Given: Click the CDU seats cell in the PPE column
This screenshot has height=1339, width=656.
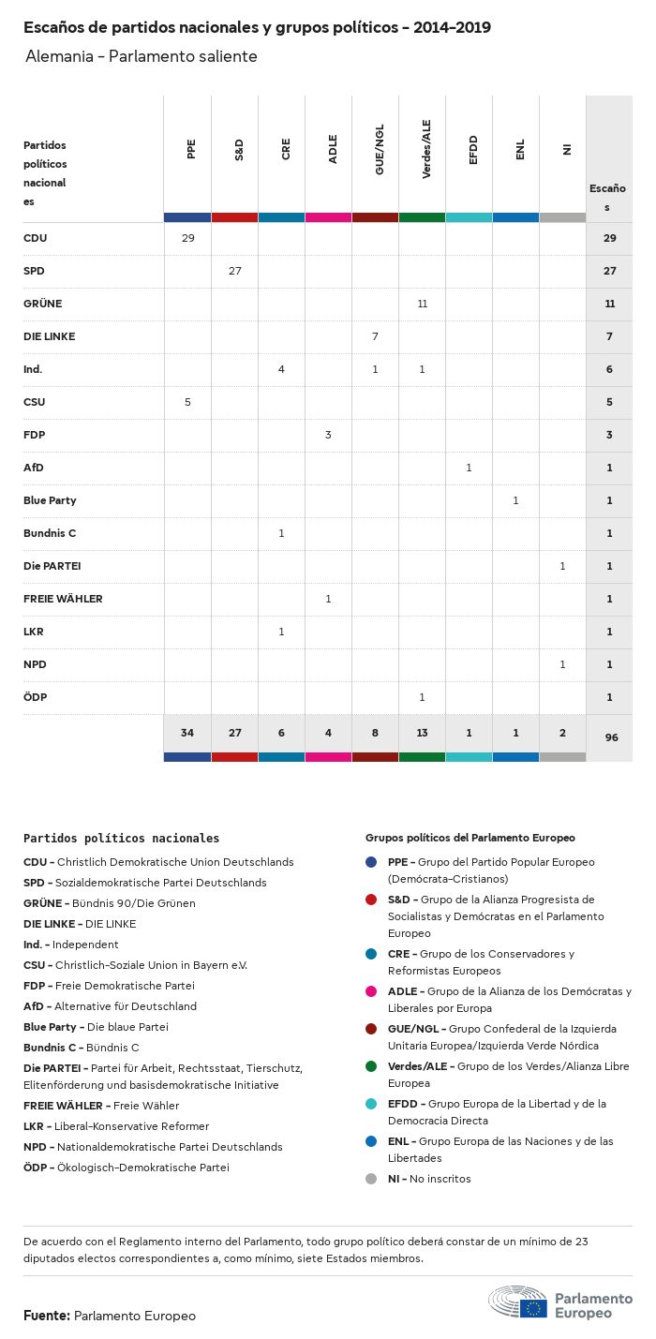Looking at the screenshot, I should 187,238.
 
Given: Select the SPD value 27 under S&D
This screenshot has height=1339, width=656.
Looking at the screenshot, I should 234,271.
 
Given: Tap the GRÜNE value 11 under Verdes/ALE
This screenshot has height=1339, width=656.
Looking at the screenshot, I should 422,304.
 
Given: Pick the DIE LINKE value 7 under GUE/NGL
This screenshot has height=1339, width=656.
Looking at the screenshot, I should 375,336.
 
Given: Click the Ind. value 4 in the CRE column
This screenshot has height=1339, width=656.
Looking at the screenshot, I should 281,369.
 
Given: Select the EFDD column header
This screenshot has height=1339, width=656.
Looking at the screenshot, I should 473,151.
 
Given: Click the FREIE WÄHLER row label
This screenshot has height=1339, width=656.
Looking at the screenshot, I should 63,599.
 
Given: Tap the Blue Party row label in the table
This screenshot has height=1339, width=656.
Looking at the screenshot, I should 50,500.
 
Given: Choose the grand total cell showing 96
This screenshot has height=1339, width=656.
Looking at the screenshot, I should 611,737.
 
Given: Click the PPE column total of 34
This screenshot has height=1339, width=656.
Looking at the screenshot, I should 187,732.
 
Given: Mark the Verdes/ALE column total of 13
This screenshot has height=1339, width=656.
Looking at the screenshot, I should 422,732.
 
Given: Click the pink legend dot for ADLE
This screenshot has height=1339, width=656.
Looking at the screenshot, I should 371,991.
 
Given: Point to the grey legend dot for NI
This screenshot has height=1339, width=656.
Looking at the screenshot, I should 371,1179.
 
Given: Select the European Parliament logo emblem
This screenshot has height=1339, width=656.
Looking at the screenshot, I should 518,1302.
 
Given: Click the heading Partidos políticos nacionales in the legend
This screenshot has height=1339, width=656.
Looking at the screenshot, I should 121,839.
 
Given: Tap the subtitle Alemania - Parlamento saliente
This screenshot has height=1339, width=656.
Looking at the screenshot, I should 141,57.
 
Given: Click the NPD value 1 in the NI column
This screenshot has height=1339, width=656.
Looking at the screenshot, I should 562,664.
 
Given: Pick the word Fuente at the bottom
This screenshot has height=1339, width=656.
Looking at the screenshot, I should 46,1316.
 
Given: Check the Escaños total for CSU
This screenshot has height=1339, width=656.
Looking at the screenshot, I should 609,402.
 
